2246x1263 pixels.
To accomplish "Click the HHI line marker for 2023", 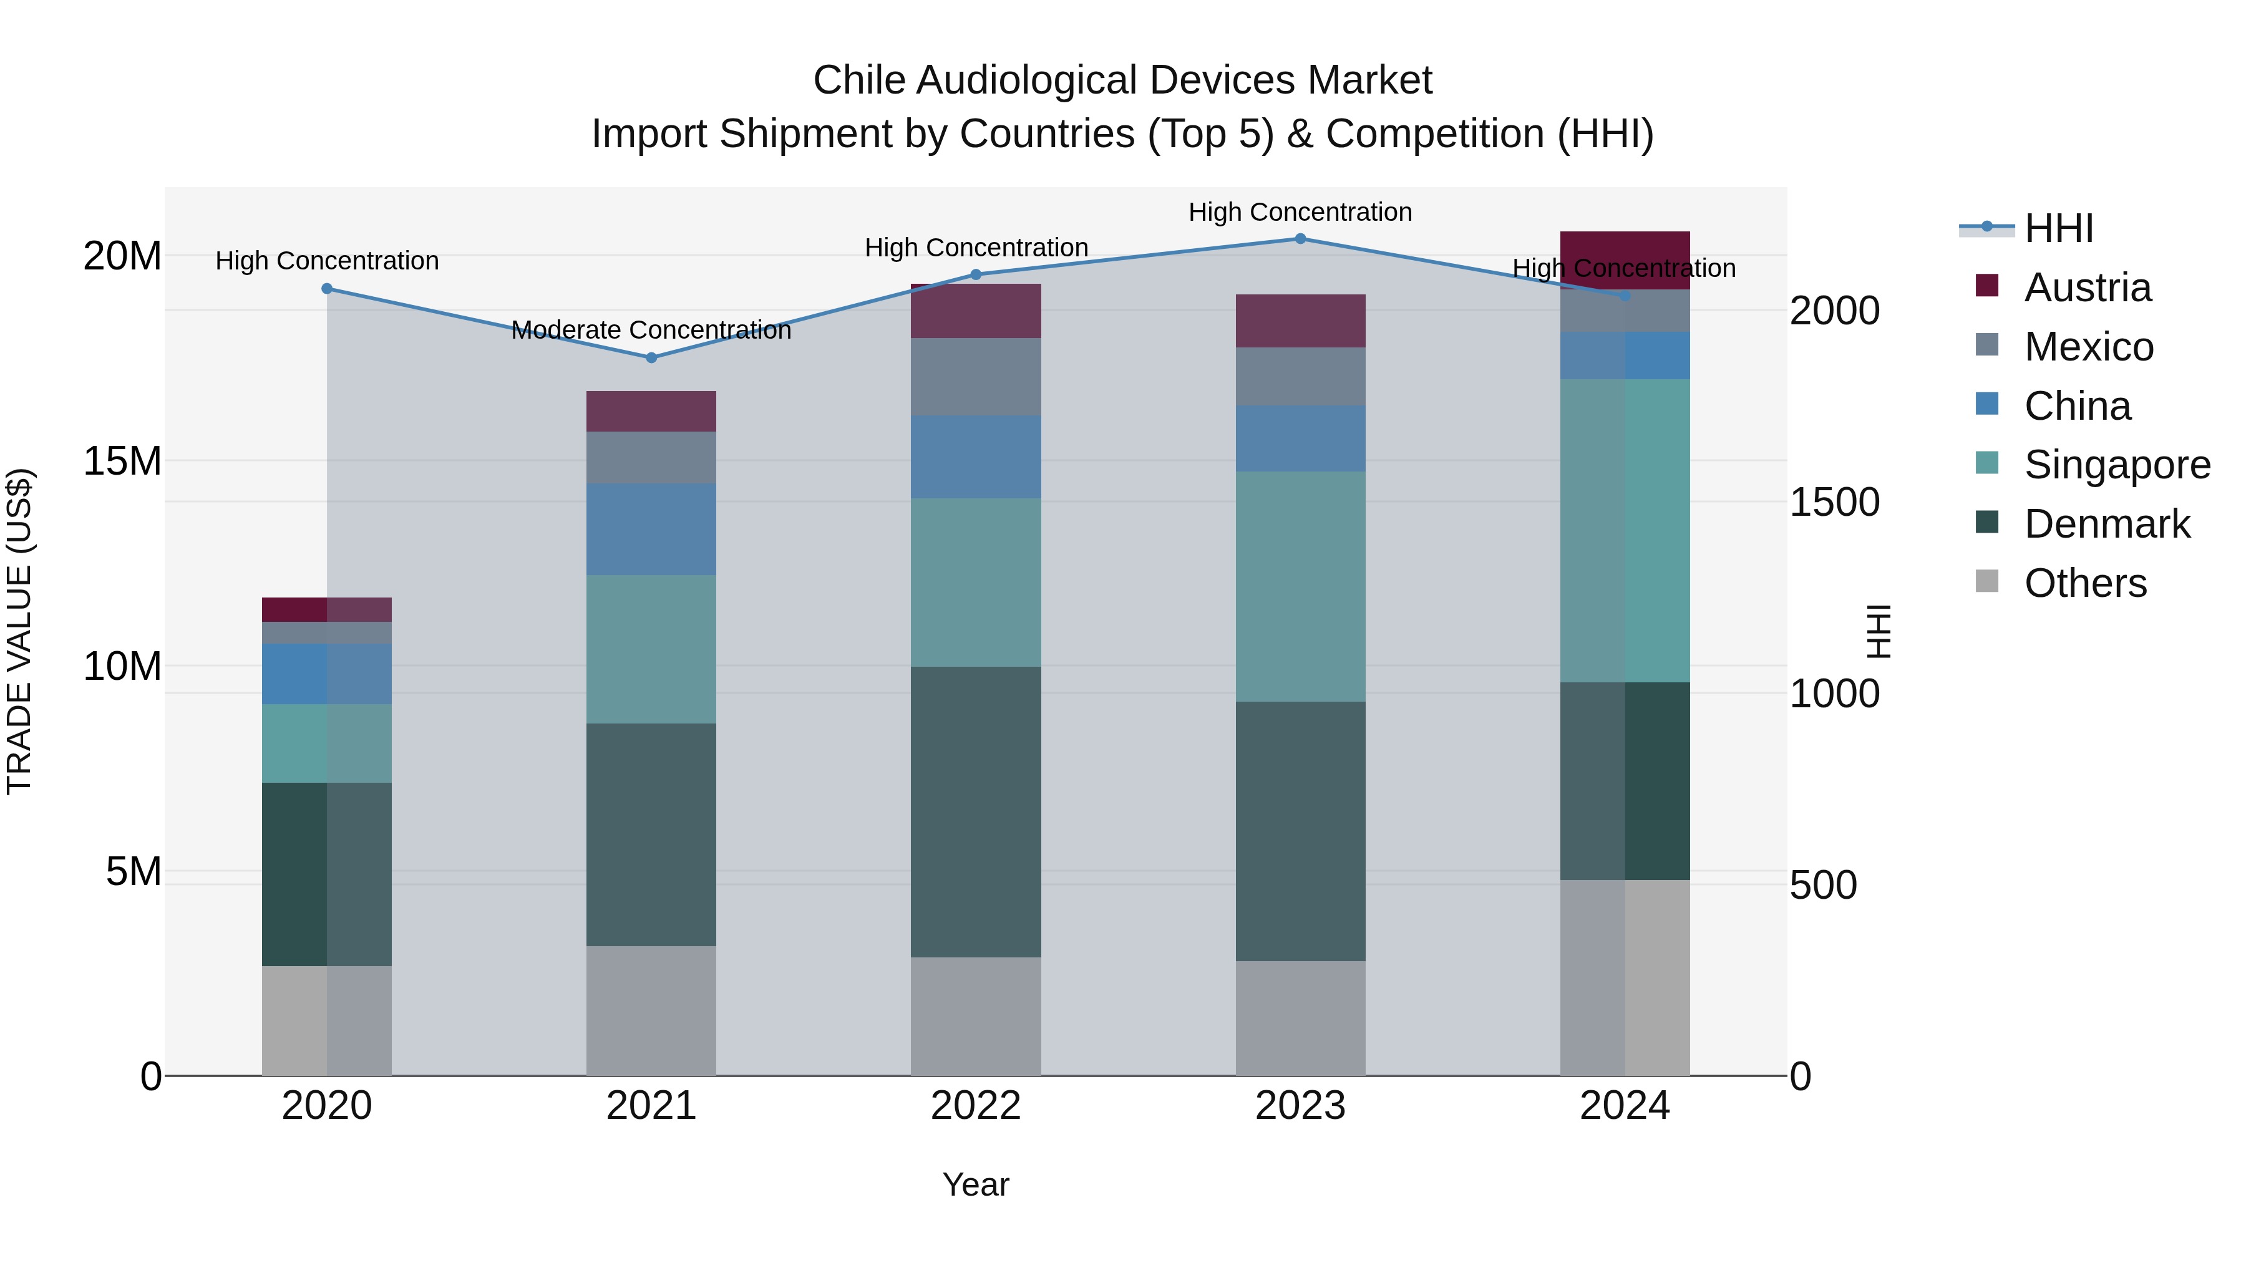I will click(1300, 239).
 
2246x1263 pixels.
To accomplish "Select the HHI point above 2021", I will click(651, 357).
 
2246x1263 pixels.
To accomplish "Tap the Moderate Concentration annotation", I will click(651, 331).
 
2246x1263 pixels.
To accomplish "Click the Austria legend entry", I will click(2088, 288).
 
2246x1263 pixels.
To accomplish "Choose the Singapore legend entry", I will click(2117, 465).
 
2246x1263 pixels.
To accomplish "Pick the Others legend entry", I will click(2084, 583).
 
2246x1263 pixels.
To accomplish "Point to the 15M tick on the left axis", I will click(122, 461).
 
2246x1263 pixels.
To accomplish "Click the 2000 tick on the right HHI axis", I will click(1834, 311).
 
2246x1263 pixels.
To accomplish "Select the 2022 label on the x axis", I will click(976, 1106).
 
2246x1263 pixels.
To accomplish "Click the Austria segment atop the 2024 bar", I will click(1625, 259).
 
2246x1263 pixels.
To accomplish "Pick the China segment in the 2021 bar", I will click(651, 529).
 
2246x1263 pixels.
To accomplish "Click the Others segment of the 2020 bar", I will click(326, 1020).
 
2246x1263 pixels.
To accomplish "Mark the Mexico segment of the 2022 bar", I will click(976, 377).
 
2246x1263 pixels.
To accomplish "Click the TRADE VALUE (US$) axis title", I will click(19, 631).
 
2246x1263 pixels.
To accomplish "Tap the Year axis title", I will click(976, 1184).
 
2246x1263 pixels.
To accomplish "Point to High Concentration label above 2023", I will click(1300, 212).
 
